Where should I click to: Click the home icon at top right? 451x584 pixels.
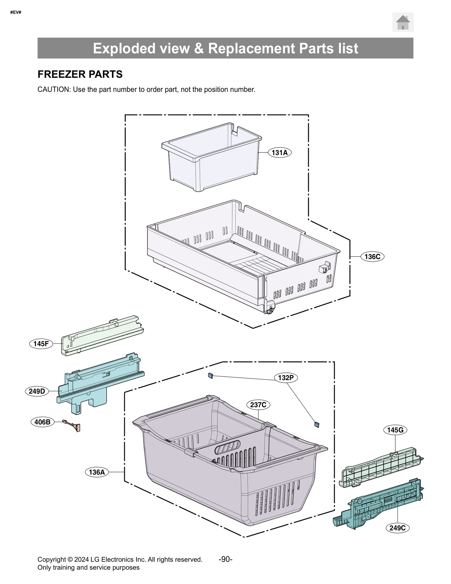pyautogui.click(x=403, y=22)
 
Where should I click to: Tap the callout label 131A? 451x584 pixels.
pyautogui.click(x=279, y=153)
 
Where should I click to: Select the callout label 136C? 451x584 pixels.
pyautogui.click(x=372, y=257)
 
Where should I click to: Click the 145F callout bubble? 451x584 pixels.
pyautogui.click(x=41, y=344)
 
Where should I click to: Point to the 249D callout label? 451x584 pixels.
pyautogui.click(x=37, y=391)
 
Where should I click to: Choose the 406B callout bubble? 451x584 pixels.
pyautogui.click(x=42, y=422)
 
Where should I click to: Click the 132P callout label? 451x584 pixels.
pyautogui.click(x=286, y=378)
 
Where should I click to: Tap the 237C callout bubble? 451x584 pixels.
pyautogui.click(x=258, y=405)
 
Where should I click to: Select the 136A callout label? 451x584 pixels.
pyautogui.click(x=97, y=472)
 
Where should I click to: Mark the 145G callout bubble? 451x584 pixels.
pyautogui.click(x=395, y=430)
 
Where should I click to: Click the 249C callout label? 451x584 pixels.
pyautogui.click(x=397, y=528)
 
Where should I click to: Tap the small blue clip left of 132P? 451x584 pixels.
pyautogui.click(x=210, y=376)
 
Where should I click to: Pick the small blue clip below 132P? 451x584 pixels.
pyautogui.click(x=317, y=424)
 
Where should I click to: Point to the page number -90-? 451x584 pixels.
pyautogui.click(x=225, y=559)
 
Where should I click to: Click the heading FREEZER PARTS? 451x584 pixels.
pyautogui.click(x=80, y=74)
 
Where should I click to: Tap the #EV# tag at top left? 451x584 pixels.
pyautogui.click(x=16, y=12)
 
